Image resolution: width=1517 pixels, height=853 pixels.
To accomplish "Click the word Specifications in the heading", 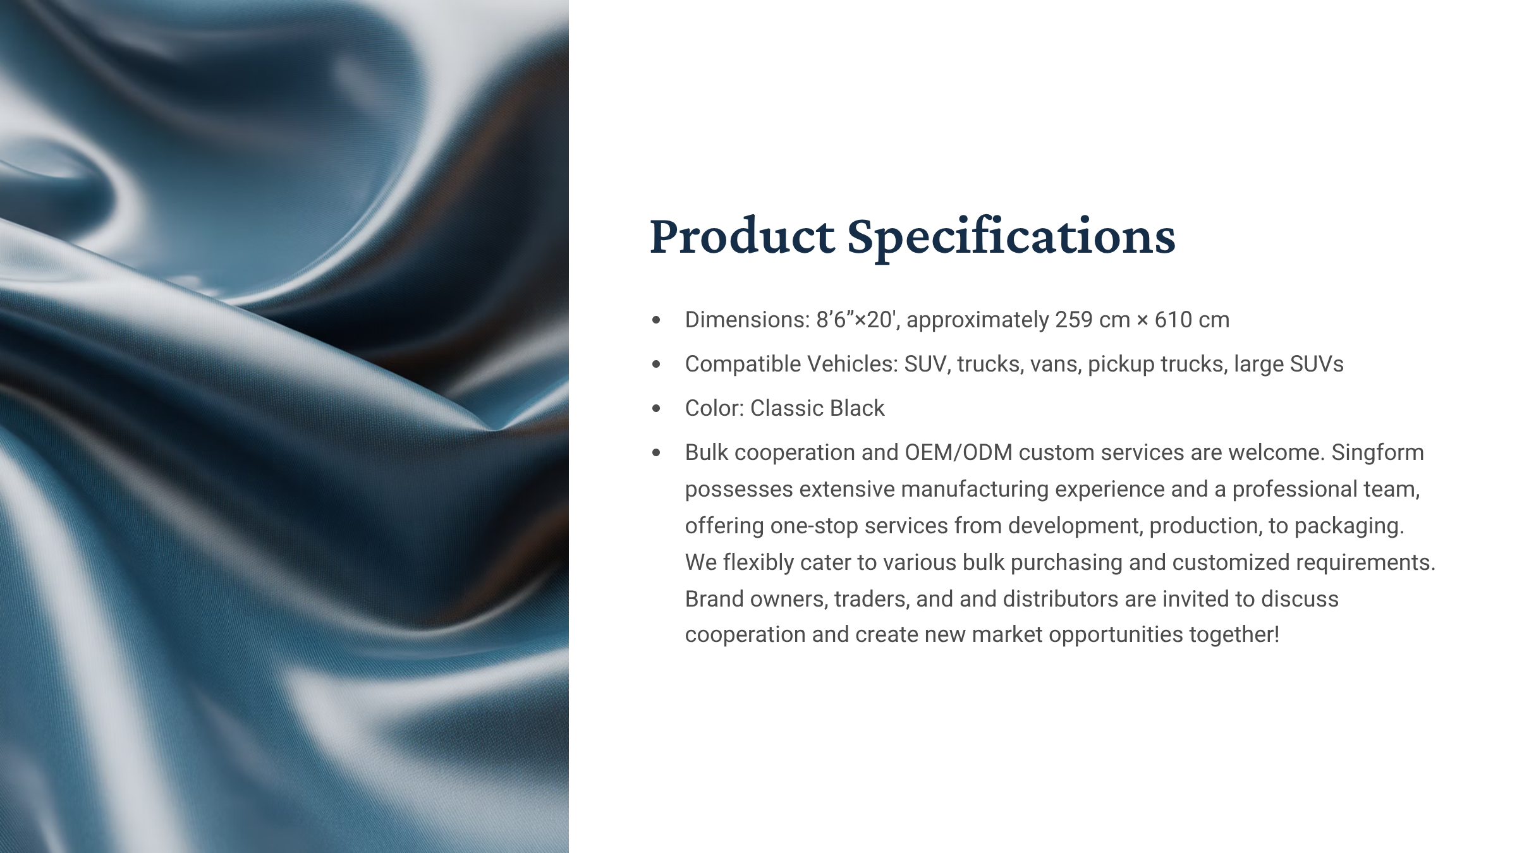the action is pyautogui.click(x=1011, y=238).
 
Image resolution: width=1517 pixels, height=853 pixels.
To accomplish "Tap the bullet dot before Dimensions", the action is pyautogui.click(x=656, y=320).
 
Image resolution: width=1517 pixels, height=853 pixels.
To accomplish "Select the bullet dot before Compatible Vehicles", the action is pyautogui.click(x=656, y=365).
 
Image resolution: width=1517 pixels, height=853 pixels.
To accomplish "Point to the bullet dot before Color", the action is pyautogui.click(x=656, y=409).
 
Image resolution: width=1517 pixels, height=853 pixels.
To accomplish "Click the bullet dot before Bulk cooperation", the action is pyautogui.click(x=656, y=453).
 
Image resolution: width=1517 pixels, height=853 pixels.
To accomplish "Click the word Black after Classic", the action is pyautogui.click(x=857, y=408).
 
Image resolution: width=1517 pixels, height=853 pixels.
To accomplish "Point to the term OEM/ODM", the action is pyautogui.click(x=959, y=452).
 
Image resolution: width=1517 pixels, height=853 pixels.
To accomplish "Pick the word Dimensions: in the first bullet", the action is pyautogui.click(x=747, y=320).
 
